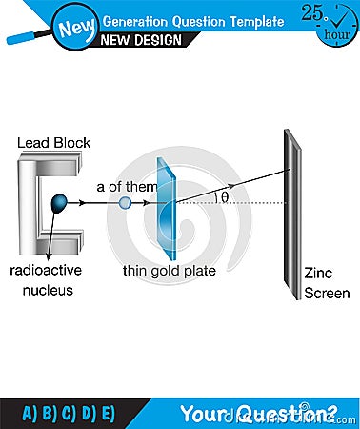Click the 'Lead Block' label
[x=53, y=143]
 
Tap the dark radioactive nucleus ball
[x=60, y=202]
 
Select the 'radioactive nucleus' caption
[x=48, y=279]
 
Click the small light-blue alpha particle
[x=125, y=202]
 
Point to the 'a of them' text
[x=126, y=187]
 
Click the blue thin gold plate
[x=166, y=205]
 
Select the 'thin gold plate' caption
[x=169, y=271]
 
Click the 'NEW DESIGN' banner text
[x=143, y=39]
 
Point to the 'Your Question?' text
[x=259, y=412]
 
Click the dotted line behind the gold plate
[x=238, y=202]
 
